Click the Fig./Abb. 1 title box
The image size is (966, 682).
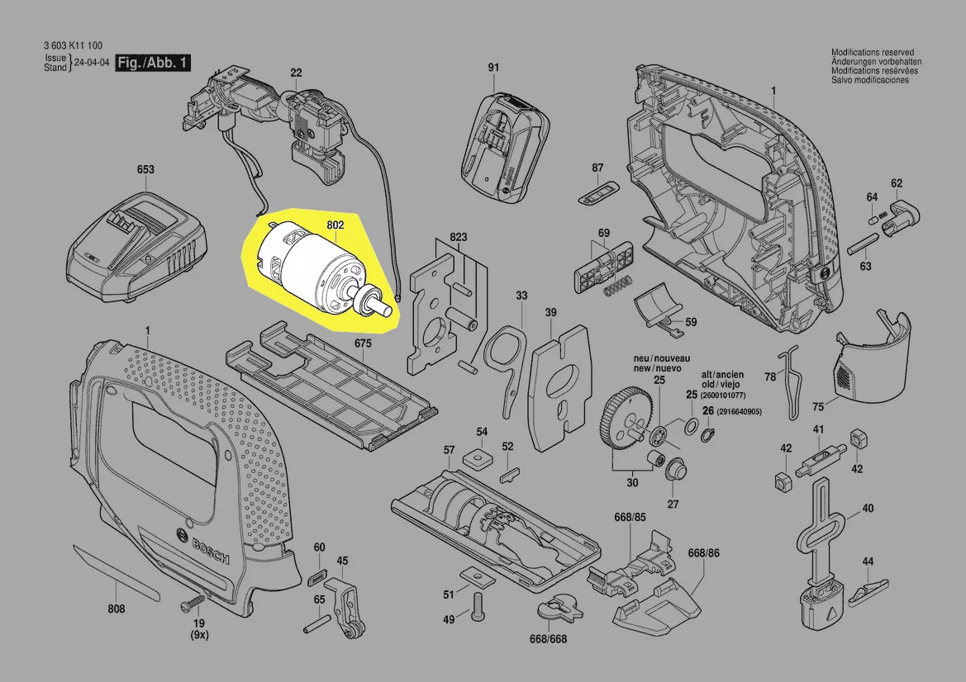click(153, 64)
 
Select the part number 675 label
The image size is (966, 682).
click(364, 342)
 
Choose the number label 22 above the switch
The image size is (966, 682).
click(296, 73)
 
